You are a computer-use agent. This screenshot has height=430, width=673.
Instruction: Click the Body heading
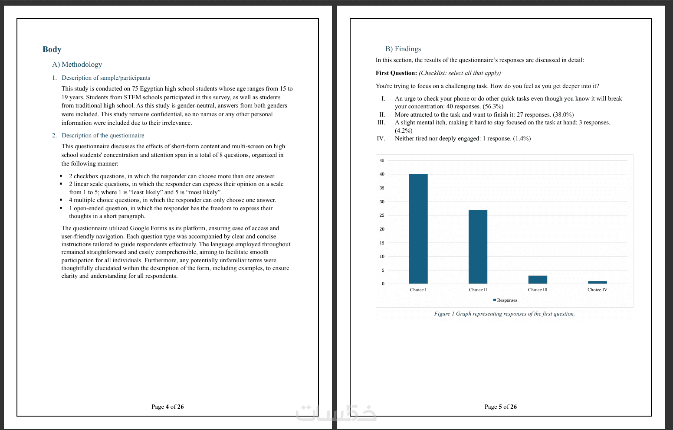click(x=52, y=49)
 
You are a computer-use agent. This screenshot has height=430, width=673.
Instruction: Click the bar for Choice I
click(x=418, y=229)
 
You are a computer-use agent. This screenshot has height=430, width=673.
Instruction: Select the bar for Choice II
click(x=478, y=247)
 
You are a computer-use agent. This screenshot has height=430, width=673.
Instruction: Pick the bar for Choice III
click(x=538, y=280)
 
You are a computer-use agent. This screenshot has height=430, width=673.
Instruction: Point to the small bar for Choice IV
click(x=597, y=282)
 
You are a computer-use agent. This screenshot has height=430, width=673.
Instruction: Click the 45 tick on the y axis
click(x=382, y=161)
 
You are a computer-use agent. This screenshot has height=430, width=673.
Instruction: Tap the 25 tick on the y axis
click(x=382, y=215)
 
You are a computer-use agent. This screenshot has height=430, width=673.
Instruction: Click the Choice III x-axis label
click(x=538, y=290)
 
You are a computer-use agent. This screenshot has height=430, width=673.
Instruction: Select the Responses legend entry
click(x=506, y=300)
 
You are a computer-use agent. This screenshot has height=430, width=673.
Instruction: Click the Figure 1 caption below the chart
click(x=504, y=314)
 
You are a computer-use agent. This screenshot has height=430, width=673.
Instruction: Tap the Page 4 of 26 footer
click(x=167, y=407)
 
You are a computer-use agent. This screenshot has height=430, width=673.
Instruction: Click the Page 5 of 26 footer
click(x=500, y=407)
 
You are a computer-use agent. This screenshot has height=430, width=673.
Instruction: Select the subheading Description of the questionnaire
click(x=103, y=136)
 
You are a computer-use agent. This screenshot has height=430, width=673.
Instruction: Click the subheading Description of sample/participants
click(x=106, y=78)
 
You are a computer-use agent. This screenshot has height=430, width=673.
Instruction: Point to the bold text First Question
click(x=396, y=73)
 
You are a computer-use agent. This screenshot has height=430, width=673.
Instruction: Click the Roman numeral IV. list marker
click(x=381, y=139)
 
